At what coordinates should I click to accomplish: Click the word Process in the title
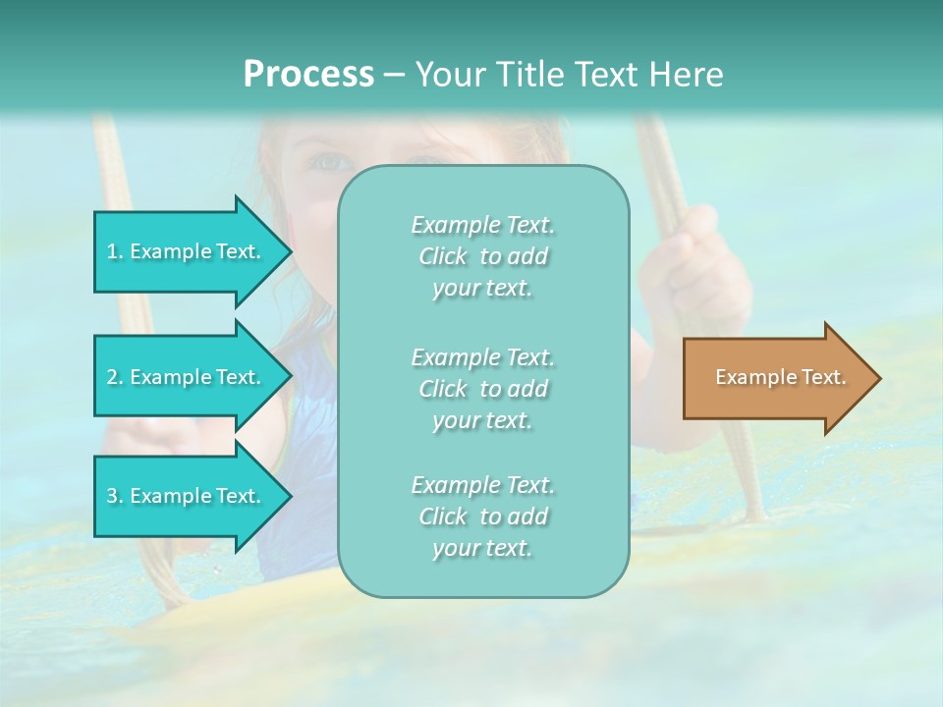[308, 75]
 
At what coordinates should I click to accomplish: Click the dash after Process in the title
[394, 76]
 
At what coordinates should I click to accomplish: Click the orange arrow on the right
[776, 378]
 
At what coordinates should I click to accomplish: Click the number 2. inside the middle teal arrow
[115, 377]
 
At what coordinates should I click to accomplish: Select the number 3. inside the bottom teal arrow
[115, 496]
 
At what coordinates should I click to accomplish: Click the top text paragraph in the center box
[482, 256]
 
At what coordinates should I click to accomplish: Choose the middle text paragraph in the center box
[482, 389]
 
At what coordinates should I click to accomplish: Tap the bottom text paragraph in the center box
[482, 517]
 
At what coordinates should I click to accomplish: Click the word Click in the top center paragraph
[443, 257]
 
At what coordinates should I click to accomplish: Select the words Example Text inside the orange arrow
[780, 377]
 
